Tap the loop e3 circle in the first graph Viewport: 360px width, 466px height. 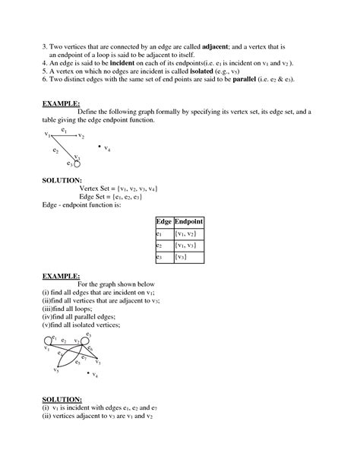(76, 163)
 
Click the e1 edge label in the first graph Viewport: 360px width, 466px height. (64, 131)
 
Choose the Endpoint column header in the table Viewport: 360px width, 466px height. (188, 221)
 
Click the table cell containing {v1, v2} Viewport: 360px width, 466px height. (188, 234)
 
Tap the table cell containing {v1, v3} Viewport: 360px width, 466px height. (188, 246)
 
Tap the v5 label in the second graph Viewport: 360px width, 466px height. (55, 371)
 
